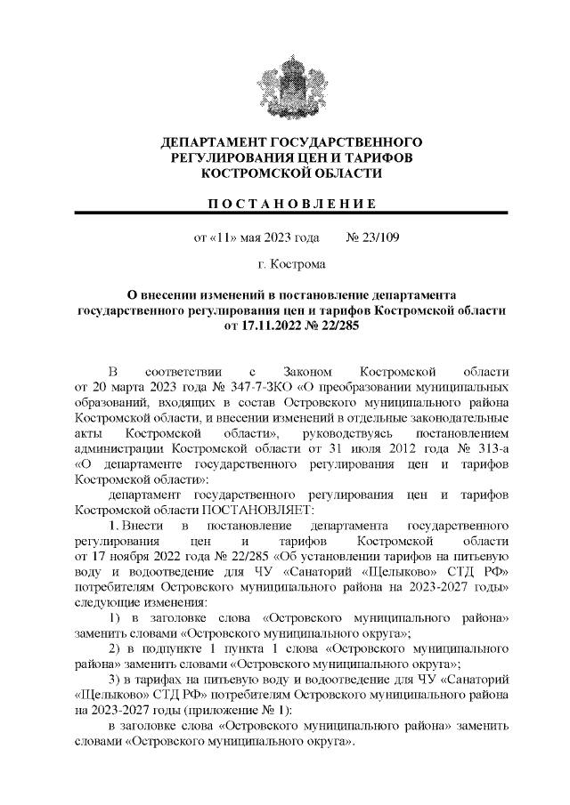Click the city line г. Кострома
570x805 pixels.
290,264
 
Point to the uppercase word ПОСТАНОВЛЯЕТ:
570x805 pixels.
271,510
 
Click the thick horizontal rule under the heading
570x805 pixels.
290,213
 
